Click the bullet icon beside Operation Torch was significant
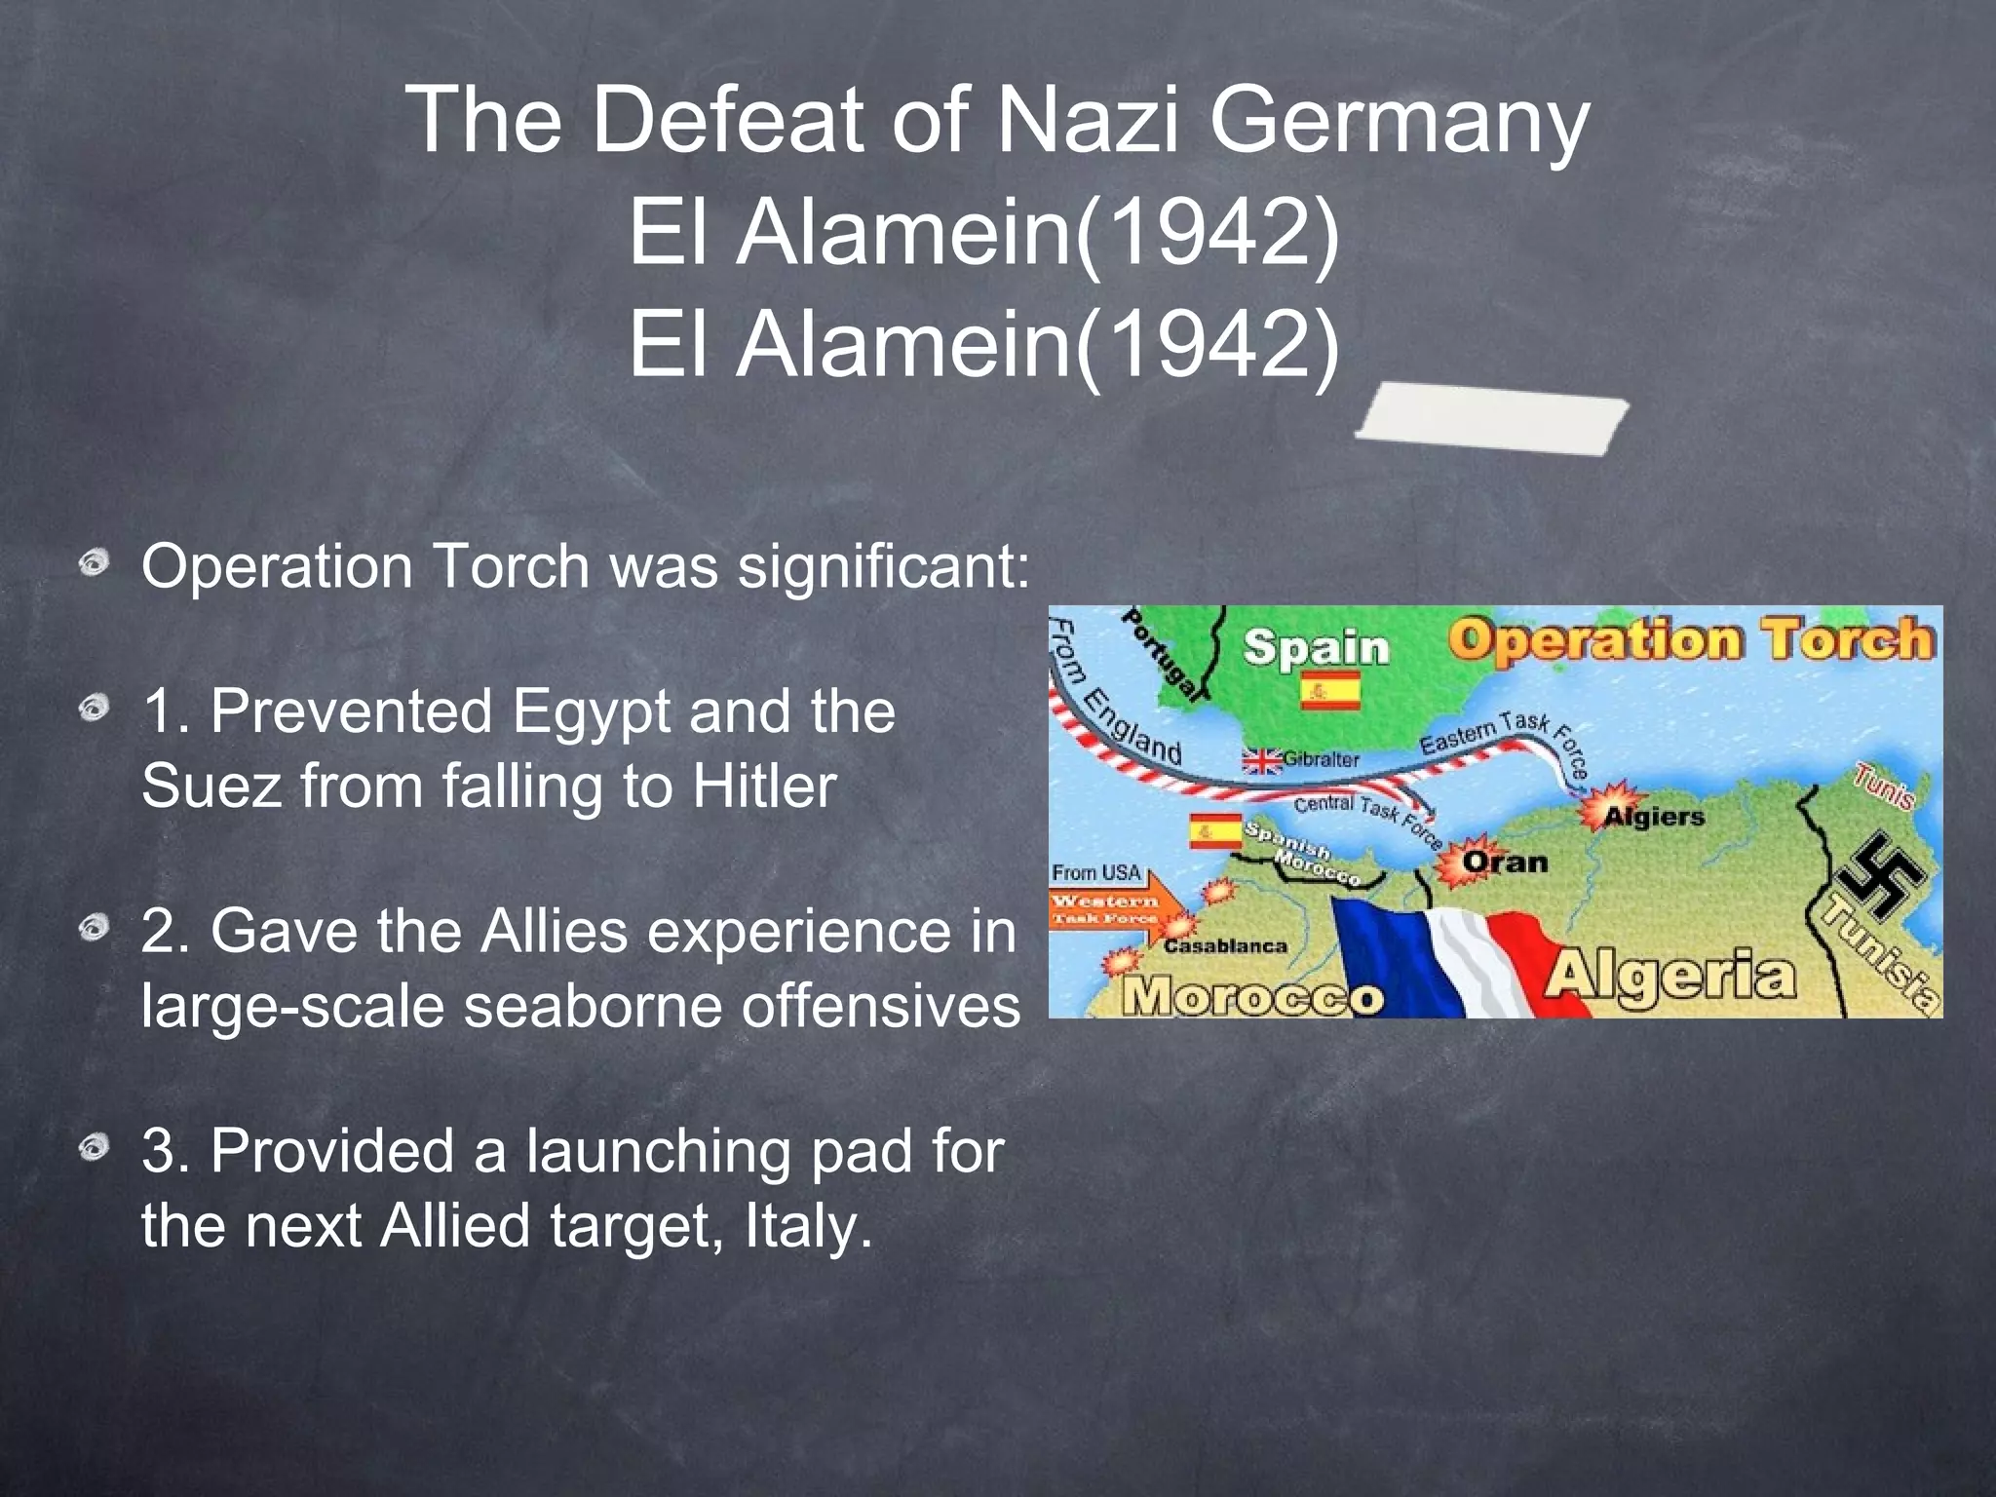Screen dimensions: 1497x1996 click(x=95, y=563)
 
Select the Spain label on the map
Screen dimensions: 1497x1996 click(x=1316, y=648)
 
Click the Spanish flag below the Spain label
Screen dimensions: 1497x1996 click(x=1330, y=692)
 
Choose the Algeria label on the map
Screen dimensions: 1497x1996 click(x=1670, y=976)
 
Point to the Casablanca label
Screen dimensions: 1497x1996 click(x=1225, y=945)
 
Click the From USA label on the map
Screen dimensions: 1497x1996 click(x=1095, y=872)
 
